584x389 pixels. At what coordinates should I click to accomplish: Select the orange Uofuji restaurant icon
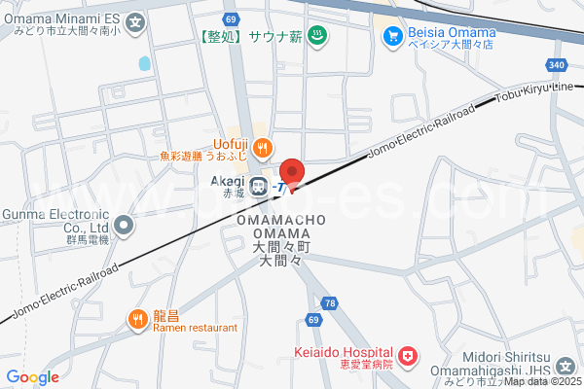click(x=262, y=148)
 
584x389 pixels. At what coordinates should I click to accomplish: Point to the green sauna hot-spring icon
click(x=316, y=37)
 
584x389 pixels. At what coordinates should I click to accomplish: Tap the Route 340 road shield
click(x=556, y=65)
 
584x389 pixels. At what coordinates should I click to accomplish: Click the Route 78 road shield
click(x=331, y=304)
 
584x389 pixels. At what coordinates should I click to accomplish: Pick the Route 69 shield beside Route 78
click(x=312, y=319)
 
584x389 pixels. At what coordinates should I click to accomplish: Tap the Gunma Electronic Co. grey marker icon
click(x=124, y=226)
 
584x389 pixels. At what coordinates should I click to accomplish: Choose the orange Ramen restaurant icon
click(x=137, y=318)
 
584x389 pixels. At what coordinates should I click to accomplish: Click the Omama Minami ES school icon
click(x=135, y=20)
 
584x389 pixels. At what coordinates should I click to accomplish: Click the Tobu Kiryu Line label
click(x=534, y=92)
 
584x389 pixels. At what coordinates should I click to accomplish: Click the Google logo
click(x=33, y=377)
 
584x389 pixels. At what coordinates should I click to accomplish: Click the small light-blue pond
click(x=145, y=63)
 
